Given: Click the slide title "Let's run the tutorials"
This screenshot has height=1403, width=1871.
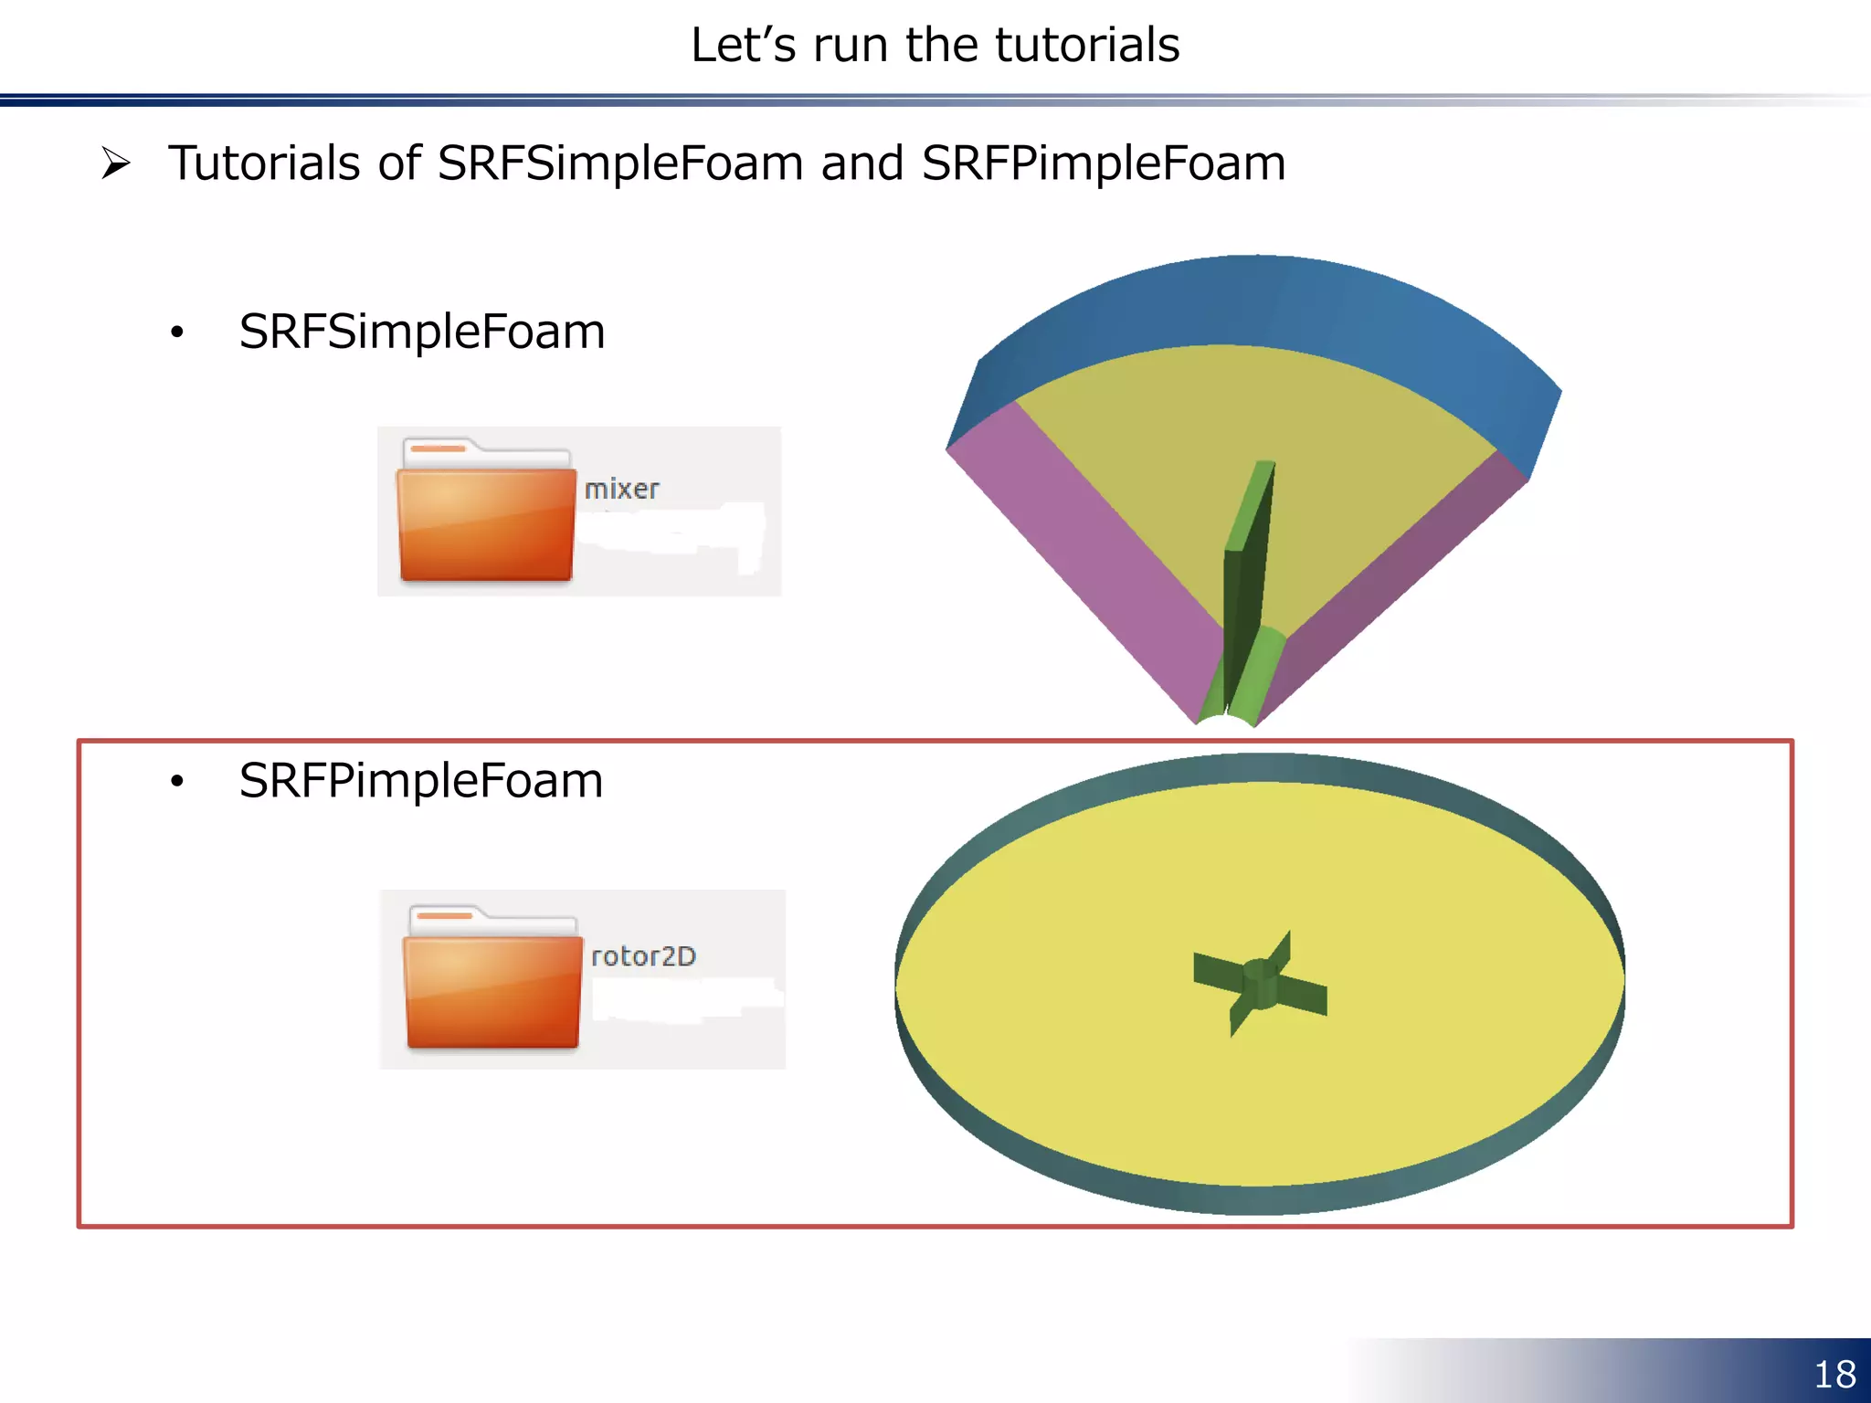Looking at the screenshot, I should coord(935,45).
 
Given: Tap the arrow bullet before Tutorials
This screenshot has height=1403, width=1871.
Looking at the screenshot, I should coord(116,164).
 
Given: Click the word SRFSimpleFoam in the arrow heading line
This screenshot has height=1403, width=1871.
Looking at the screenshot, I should coord(620,164).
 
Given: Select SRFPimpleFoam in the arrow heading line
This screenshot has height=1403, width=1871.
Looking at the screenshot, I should coord(1103,164).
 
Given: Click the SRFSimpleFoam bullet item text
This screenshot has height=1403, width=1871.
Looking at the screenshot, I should coord(422,332).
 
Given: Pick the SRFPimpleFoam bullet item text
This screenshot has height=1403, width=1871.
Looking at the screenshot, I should coord(421,781).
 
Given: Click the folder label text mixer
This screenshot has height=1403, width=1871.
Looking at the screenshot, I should coord(621,490).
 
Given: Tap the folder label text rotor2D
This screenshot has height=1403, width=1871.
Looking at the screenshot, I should coord(643,956).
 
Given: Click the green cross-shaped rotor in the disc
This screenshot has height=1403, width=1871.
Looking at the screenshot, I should coord(1260,984).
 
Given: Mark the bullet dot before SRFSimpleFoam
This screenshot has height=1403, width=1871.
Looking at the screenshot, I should coord(177,332).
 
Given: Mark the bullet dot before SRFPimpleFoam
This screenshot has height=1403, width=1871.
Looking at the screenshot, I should coord(177,782).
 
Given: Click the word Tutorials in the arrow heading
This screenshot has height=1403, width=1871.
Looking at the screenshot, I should coord(265,164).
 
